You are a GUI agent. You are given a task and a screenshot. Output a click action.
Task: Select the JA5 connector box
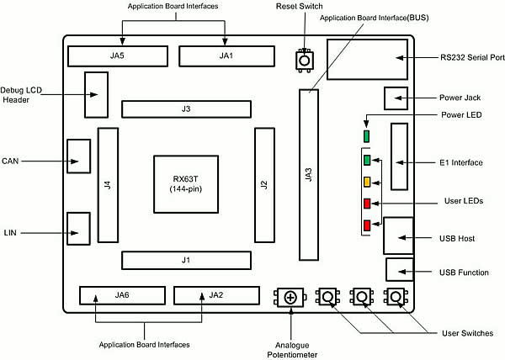[x=117, y=56]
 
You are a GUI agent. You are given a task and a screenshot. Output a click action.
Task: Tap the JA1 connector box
[x=225, y=56]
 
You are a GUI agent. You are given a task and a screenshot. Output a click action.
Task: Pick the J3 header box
[x=186, y=109]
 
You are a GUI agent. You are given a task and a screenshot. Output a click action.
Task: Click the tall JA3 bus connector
[x=309, y=174]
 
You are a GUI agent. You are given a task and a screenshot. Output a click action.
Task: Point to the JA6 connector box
[x=122, y=295]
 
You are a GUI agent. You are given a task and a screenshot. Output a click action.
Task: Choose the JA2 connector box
[x=216, y=295]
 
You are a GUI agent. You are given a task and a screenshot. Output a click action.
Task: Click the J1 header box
[x=186, y=260]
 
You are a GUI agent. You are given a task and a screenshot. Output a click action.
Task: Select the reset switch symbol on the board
[x=304, y=61]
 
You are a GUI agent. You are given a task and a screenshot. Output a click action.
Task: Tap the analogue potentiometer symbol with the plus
[x=290, y=297]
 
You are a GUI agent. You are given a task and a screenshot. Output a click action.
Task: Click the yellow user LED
[x=367, y=182]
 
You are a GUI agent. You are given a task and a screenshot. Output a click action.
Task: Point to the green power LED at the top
[x=366, y=135]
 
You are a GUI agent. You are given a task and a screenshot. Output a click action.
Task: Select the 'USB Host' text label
[x=457, y=239]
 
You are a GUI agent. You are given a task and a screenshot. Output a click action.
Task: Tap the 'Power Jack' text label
[x=460, y=98]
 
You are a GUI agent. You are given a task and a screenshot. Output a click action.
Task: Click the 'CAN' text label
[x=12, y=160]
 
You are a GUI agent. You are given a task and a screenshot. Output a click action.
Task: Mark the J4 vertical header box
[x=108, y=185]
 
